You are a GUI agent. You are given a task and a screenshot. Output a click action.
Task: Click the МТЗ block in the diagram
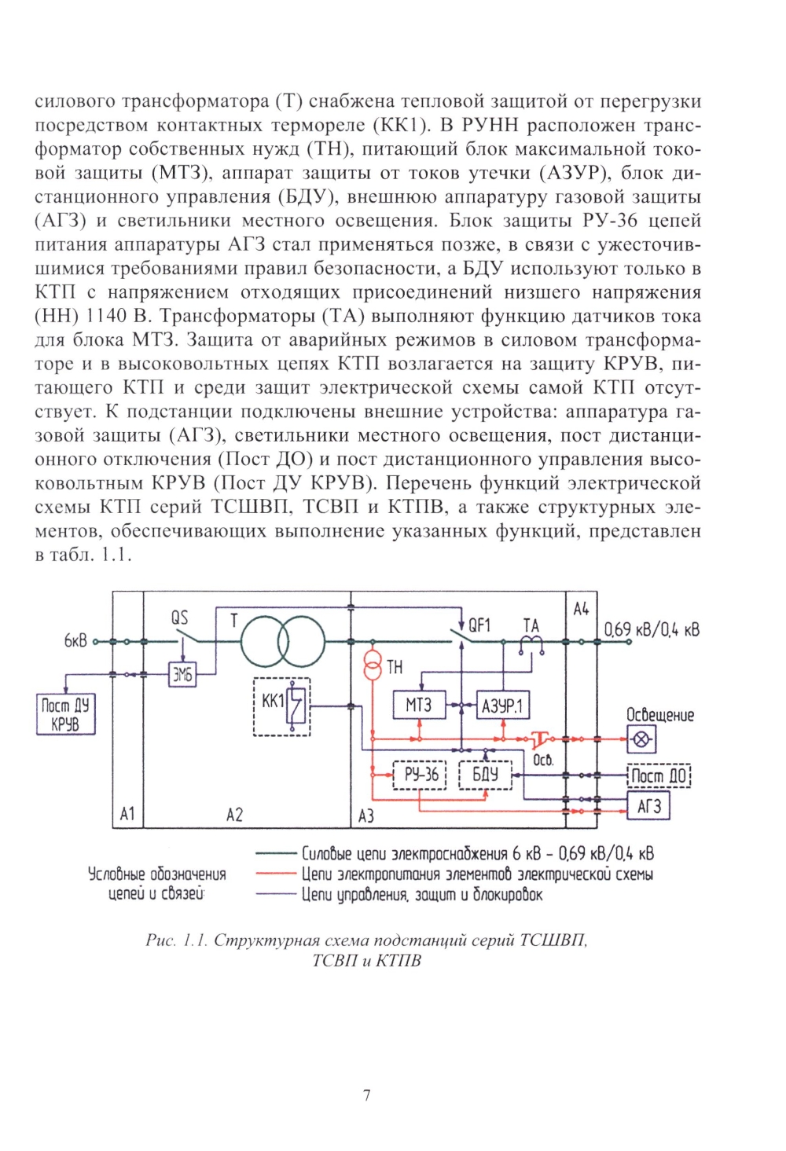(x=419, y=706)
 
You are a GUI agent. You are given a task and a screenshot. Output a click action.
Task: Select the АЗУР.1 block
(x=502, y=706)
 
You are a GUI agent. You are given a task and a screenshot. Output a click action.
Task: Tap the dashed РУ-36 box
(x=421, y=775)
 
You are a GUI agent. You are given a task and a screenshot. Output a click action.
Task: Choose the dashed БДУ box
(x=485, y=775)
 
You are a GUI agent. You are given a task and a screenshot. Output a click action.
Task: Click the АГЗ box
(x=648, y=806)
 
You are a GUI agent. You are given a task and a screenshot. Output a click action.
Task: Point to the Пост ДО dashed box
(x=659, y=776)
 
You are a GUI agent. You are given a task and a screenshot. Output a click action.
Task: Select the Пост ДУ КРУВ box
(x=65, y=714)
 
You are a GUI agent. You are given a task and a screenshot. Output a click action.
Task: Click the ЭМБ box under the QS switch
(x=182, y=674)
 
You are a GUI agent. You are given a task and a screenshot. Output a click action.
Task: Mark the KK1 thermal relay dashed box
(x=281, y=706)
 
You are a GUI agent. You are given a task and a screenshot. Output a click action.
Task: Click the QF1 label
(x=479, y=625)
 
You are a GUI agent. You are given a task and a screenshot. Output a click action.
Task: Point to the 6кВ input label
(x=75, y=641)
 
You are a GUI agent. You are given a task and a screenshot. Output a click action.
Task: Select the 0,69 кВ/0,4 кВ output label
(x=651, y=630)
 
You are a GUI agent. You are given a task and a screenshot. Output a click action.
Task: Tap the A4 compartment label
(x=581, y=609)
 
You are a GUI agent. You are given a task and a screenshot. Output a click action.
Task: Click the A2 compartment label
(x=234, y=815)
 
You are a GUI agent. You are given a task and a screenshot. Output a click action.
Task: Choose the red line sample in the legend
(x=274, y=874)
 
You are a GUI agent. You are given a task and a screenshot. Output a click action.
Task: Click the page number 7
(x=366, y=1095)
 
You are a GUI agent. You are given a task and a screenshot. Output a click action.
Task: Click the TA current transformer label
(x=531, y=625)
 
